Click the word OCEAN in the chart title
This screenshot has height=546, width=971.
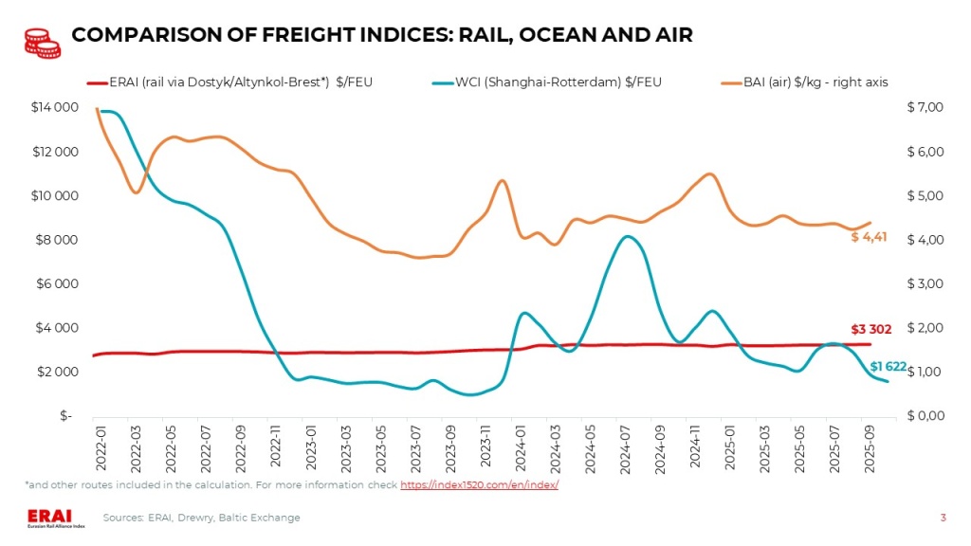526,36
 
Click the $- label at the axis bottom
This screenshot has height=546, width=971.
65,416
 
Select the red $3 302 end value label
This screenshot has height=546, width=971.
870,329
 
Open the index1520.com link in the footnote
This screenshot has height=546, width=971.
479,485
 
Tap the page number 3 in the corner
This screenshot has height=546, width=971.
943,518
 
